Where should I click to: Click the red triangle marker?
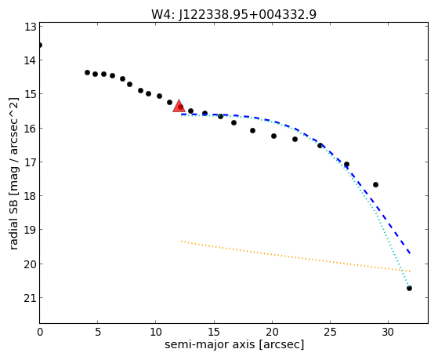(179, 107)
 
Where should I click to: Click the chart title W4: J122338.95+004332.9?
(233, 14)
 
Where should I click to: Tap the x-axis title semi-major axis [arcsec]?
(234, 344)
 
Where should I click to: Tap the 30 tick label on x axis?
(389, 332)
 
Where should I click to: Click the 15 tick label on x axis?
(214, 332)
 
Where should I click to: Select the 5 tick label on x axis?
(97, 332)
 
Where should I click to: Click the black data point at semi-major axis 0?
(40, 45)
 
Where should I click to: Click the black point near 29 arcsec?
(375, 184)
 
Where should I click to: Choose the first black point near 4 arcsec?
(87, 72)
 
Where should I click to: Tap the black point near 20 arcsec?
(273, 136)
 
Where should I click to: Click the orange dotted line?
(295, 256)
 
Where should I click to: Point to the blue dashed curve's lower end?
(410, 253)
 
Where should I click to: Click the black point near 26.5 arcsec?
(346, 164)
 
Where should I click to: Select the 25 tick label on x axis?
(330, 332)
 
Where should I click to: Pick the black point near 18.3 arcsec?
(252, 130)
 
